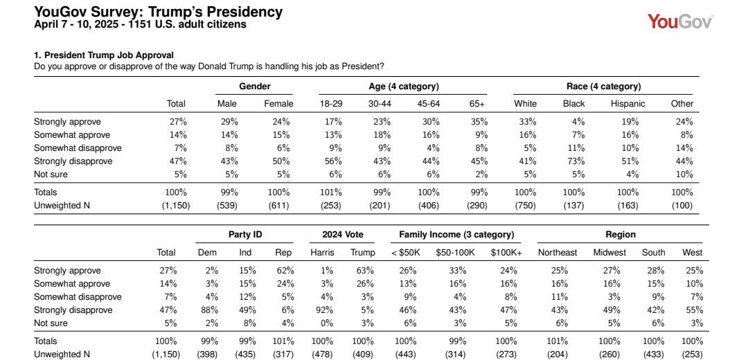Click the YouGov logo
coord(680,21)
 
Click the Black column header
coord(573,103)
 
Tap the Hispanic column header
coord(627,103)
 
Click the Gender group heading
coord(255,87)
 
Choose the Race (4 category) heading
coord(603,87)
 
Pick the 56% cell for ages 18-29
coord(333,161)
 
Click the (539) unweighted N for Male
coord(228,206)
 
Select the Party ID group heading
coord(245,235)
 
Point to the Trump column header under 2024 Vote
coord(362,252)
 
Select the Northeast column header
coord(557,252)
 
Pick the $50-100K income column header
coord(455,252)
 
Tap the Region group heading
coord(621,235)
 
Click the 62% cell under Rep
coord(285,271)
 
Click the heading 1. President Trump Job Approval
coord(103,55)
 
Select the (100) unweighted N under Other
coord(682,206)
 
